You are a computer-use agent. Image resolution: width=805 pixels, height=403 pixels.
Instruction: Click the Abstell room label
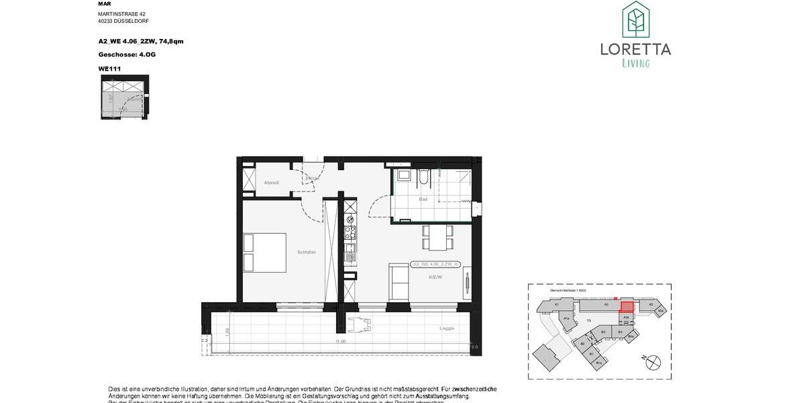pyautogui.click(x=271, y=183)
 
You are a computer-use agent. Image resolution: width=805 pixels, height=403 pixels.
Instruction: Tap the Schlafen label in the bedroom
pyautogui.click(x=307, y=252)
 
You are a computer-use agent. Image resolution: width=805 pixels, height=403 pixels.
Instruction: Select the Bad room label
pyautogui.click(x=423, y=199)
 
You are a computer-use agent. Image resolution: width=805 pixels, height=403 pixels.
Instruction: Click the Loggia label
pyautogui.click(x=447, y=328)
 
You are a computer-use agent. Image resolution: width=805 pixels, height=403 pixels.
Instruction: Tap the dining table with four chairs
pyautogui.click(x=437, y=238)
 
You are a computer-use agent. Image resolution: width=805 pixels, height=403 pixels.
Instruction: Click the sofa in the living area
pyautogui.click(x=398, y=283)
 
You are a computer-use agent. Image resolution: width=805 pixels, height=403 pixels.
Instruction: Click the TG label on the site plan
pyautogui.click(x=588, y=320)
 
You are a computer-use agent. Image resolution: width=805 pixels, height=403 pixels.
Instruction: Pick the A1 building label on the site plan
pyautogui.click(x=557, y=304)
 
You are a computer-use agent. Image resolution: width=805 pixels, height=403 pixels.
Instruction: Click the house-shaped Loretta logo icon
pyautogui.click(x=635, y=19)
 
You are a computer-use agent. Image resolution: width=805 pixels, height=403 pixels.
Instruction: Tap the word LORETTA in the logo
pyautogui.click(x=635, y=49)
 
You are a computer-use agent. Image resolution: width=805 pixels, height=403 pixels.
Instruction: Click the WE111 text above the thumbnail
pyautogui.click(x=109, y=68)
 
